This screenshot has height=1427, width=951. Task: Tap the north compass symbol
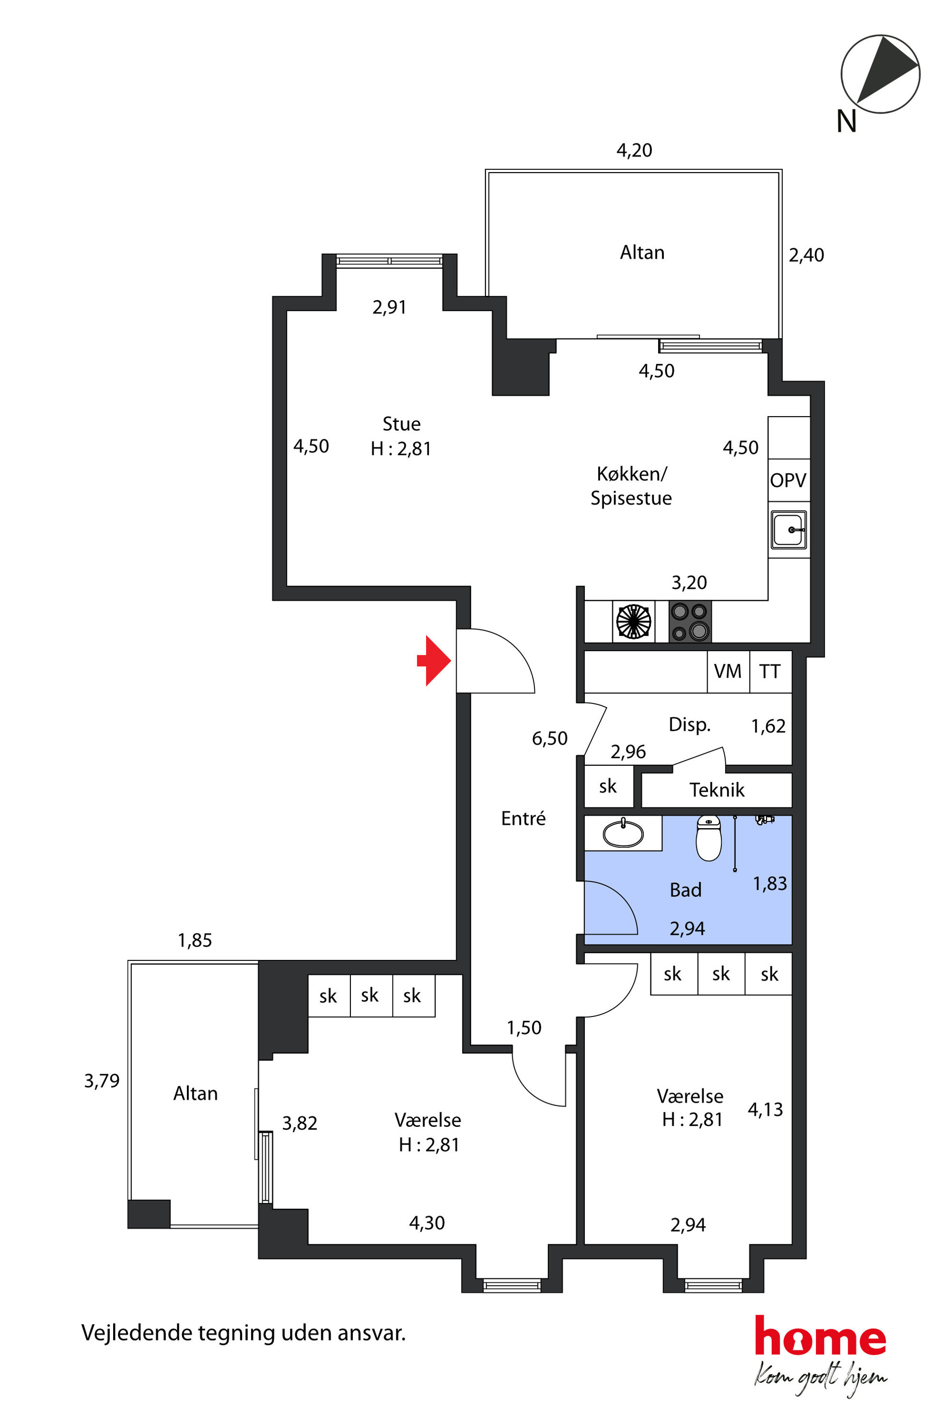point(880,74)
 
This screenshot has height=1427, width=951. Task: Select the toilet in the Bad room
point(708,838)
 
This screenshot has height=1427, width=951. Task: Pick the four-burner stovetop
point(690,621)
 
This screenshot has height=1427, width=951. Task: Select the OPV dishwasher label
point(788,480)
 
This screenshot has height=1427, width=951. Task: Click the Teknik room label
point(717,790)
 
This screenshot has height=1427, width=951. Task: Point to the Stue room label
point(402,423)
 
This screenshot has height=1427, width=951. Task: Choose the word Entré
point(523,819)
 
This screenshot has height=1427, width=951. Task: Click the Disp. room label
point(690,725)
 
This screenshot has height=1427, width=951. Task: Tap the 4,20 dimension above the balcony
point(635,150)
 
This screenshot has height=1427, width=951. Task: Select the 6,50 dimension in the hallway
point(549,738)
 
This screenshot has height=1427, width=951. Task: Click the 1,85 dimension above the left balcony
point(195,940)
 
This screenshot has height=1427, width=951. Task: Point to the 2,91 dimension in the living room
point(389,307)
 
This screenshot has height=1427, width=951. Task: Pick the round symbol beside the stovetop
point(634,621)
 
